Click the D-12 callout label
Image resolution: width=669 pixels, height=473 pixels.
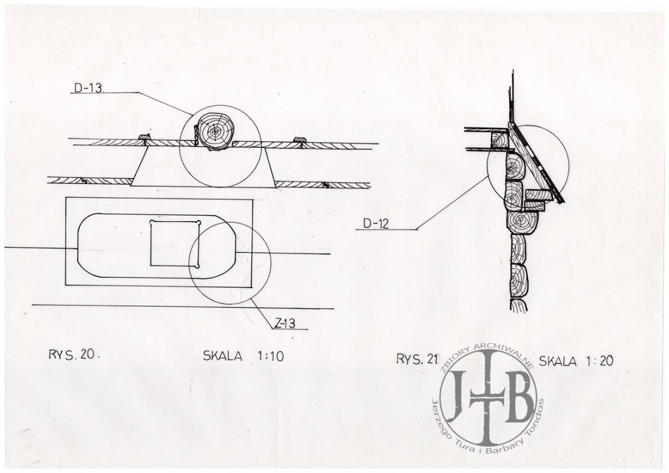376,223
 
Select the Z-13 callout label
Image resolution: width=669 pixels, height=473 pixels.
285,323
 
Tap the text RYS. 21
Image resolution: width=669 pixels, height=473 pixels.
417,359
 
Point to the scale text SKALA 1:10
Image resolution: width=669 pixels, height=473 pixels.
243,356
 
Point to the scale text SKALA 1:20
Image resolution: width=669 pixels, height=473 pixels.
576,361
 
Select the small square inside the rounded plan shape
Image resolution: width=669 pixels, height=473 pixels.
175,244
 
